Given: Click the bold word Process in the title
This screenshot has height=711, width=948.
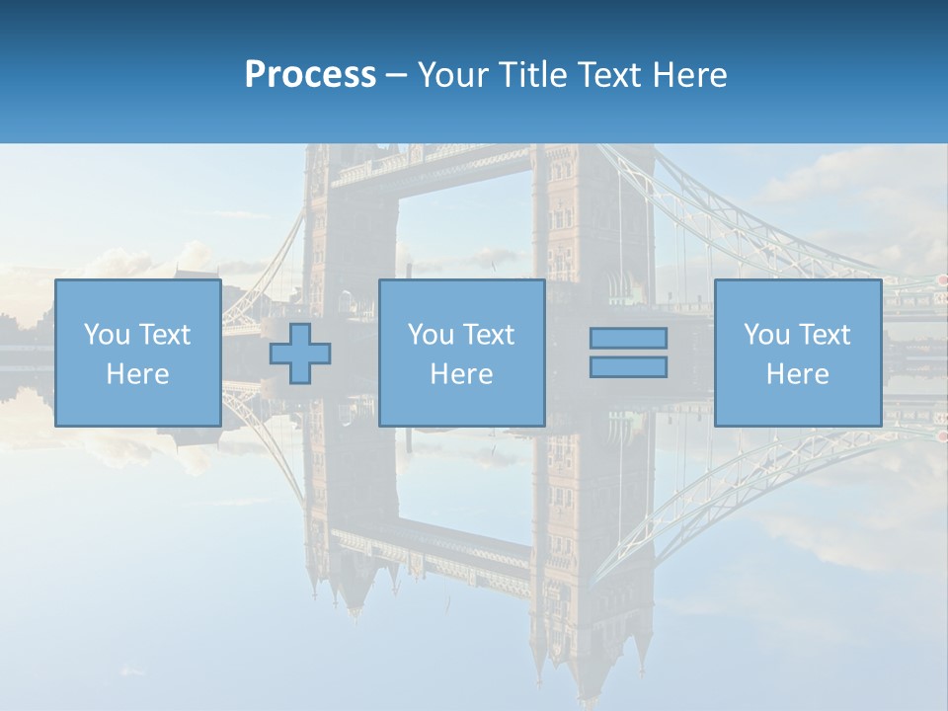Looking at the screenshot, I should tap(310, 75).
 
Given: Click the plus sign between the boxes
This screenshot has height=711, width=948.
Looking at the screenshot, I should tap(300, 354).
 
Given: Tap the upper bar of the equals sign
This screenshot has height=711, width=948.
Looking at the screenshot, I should tap(628, 338).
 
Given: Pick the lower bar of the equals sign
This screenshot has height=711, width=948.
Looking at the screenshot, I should tap(628, 366).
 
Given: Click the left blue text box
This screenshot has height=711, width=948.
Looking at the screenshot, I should tap(137, 353).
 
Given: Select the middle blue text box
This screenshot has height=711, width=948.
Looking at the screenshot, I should tap(461, 353).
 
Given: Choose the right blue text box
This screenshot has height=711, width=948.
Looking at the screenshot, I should tap(797, 353).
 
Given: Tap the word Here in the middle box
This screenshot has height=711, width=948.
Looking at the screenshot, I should tap(461, 374).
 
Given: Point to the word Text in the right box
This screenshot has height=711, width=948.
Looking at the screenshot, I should tap(824, 335).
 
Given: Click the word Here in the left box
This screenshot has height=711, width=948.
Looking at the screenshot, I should tap(137, 374).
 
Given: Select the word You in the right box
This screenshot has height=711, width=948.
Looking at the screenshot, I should tap(766, 335).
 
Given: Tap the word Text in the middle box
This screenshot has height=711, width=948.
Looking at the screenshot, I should tap(488, 335).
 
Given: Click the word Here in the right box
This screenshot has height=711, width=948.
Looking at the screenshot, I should tap(797, 374).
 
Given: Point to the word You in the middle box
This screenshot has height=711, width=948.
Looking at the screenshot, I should tap(431, 335).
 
